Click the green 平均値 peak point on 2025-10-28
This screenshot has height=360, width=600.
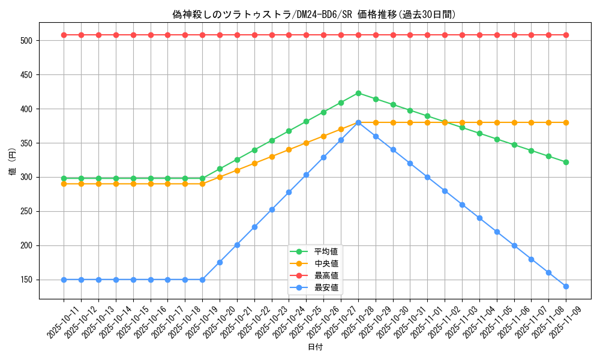pyautogui.click(x=358, y=93)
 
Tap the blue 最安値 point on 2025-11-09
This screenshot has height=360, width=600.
pyautogui.click(x=566, y=286)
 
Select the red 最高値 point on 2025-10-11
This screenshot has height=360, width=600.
pyautogui.click(x=64, y=35)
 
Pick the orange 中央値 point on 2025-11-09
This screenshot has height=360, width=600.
pyautogui.click(x=566, y=122)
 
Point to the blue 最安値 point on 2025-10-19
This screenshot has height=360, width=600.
pyautogui.click(x=202, y=280)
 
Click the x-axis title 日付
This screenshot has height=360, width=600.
pyautogui.click(x=315, y=347)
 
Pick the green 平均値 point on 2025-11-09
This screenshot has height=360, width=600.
pyautogui.click(x=566, y=162)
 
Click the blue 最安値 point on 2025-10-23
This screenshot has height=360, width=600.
pyautogui.click(x=272, y=209)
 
